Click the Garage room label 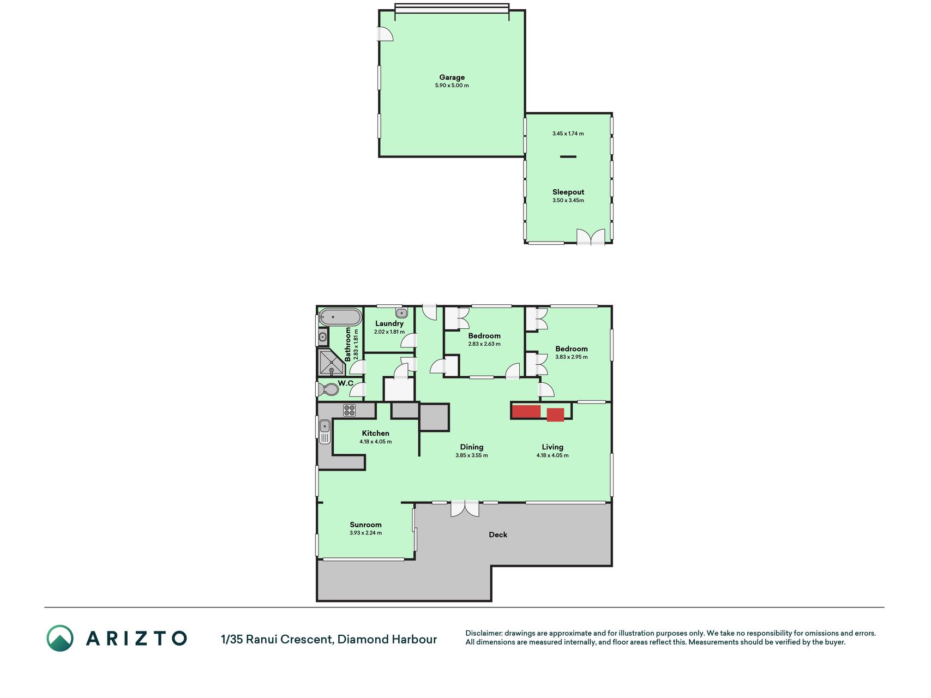(452, 77)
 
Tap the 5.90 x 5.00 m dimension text (452, 86)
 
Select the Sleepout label (568, 192)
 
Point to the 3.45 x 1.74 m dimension (568, 134)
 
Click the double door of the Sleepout (591, 237)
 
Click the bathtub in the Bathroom (340, 317)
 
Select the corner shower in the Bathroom (331, 363)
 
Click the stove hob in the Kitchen (350, 410)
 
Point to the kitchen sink (325, 431)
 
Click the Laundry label (389, 323)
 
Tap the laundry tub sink (401, 313)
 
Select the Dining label (471, 447)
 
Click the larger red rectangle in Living (526, 412)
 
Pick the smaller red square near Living (555, 414)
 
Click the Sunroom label (365, 525)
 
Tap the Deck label (497, 535)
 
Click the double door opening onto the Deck (465, 509)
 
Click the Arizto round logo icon (60, 638)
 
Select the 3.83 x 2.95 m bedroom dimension (571, 357)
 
